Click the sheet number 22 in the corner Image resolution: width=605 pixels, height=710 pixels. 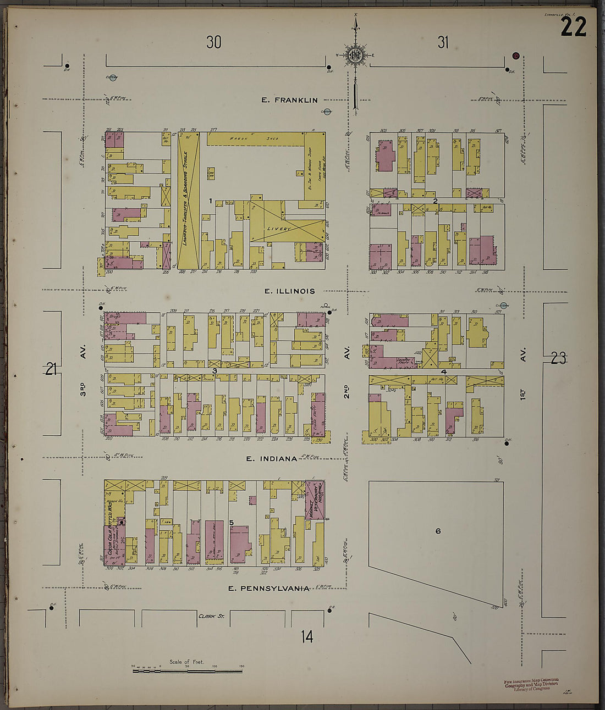[573, 26]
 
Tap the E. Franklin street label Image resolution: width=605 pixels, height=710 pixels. [289, 100]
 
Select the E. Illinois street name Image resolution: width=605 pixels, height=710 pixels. [289, 291]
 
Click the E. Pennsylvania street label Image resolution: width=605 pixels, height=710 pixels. [269, 588]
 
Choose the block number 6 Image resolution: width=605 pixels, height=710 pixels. [438, 531]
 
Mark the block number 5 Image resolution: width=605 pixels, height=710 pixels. [232, 522]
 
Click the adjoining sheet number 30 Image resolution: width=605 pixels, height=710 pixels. [213, 42]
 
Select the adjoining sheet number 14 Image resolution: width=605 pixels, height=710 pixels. [307, 637]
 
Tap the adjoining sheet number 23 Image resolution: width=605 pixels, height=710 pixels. [558, 359]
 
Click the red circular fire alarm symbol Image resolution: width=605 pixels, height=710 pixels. [516, 56]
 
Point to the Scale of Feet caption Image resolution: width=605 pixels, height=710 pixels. [187, 662]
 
